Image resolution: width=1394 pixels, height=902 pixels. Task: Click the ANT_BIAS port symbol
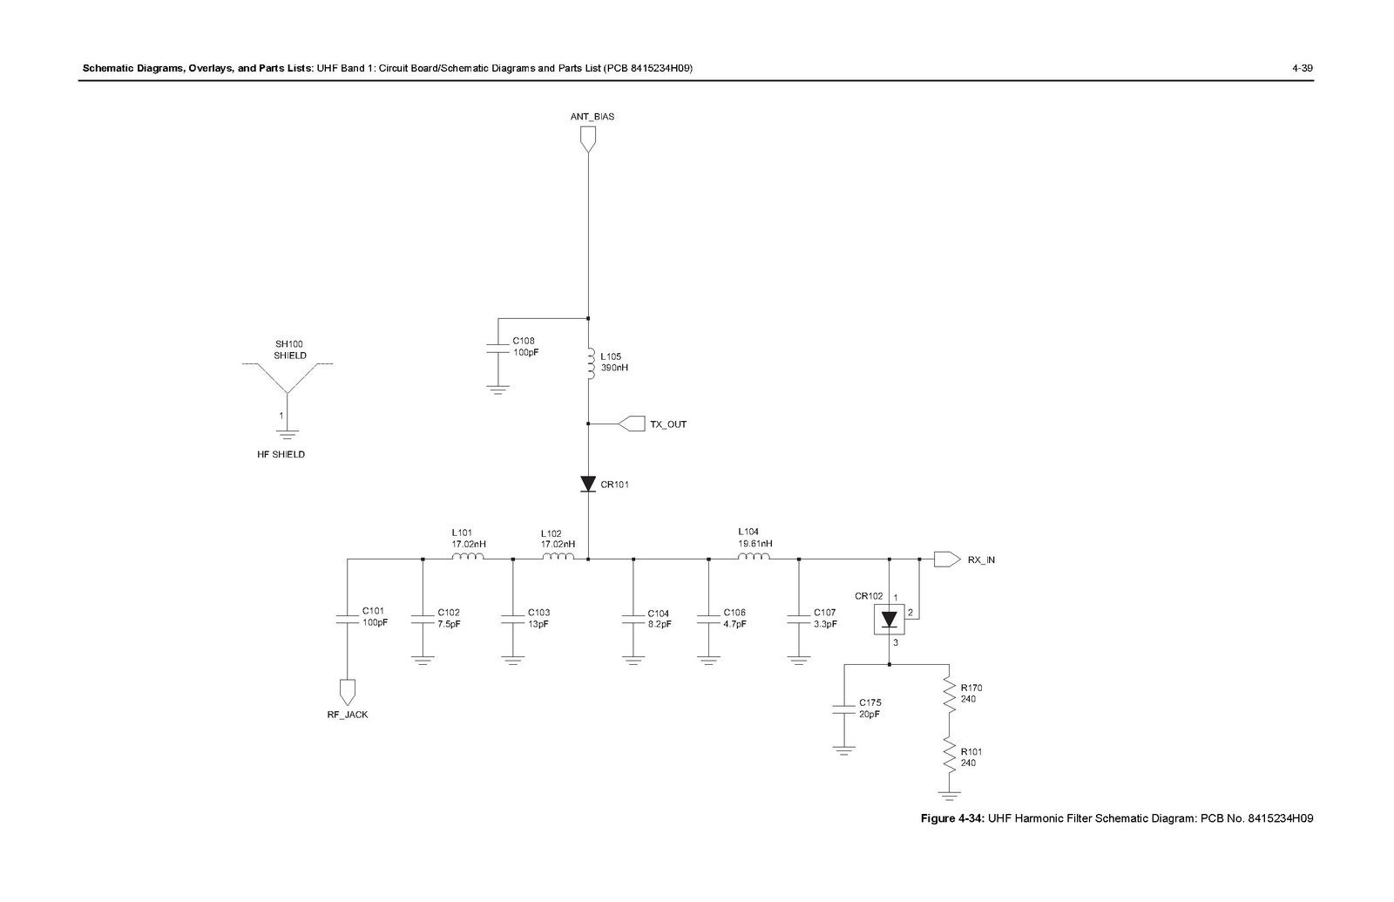point(588,139)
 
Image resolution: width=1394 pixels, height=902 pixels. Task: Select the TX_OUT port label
point(668,424)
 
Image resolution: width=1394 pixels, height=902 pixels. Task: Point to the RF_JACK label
point(348,715)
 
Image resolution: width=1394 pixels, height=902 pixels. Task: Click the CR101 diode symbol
point(588,484)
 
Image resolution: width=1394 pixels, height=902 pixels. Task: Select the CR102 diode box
point(889,620)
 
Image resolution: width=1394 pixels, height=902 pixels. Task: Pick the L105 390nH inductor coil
point(591,364)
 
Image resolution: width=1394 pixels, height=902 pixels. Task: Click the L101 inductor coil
point(468,558)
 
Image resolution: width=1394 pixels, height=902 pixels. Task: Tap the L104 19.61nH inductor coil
point(754,558)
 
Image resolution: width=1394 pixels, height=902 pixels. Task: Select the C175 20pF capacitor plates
point(843,708)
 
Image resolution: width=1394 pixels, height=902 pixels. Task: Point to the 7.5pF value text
point(449,624)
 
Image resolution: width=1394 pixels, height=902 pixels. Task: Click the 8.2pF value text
point(660,624)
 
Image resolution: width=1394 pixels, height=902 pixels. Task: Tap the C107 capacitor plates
point(798,618)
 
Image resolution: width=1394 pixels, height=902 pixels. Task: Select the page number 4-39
point(1302,68)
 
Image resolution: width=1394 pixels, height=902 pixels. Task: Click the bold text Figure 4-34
point(953,818)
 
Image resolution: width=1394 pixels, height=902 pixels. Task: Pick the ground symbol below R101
point(948,794)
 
